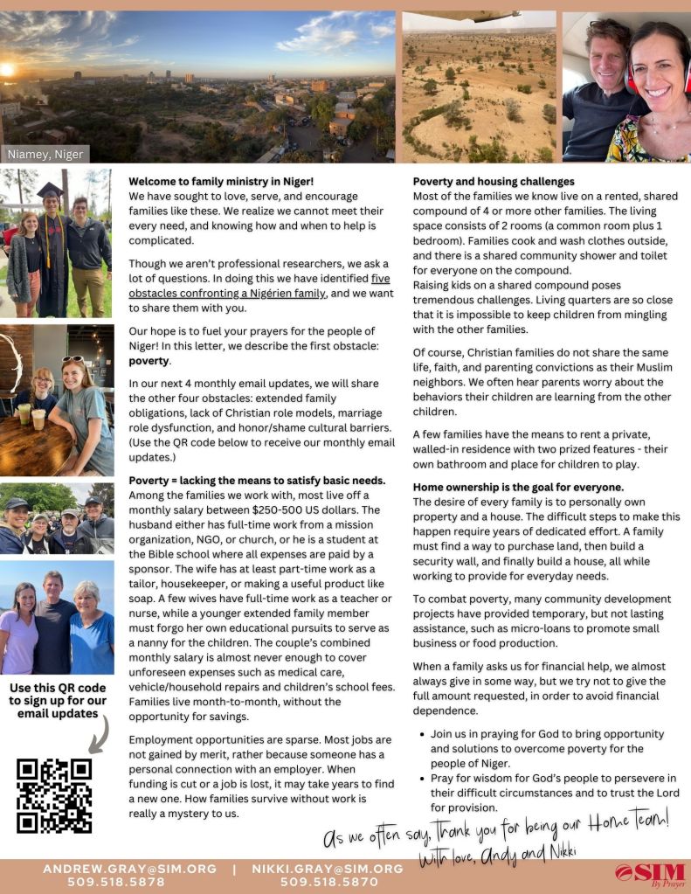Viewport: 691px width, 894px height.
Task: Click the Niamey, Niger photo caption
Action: (45, 155)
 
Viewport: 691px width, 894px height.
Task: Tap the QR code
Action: (54, 795)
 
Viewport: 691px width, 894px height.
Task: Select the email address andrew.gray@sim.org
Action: (129, 869)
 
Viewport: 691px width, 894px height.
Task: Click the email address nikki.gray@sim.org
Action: (328, 869)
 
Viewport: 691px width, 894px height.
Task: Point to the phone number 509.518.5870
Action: (328, 883)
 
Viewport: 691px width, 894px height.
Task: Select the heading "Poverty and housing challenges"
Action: (494, 182)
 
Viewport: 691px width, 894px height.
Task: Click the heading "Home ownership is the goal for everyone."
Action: (519, 487)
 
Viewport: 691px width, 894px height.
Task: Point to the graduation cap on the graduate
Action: (51, 191)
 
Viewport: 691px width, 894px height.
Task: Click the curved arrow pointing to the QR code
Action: (100, 732)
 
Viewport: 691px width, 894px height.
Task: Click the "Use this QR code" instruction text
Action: (58, 689)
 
